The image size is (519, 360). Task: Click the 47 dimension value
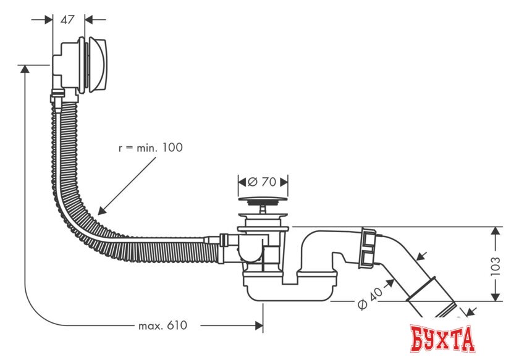(x=67, y=19)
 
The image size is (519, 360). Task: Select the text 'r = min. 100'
(x=151, y=148)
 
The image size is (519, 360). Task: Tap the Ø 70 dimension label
(x=263, y=182)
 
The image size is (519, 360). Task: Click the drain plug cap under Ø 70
(x=263, y=200)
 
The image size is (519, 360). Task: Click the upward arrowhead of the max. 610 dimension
(x=25, y=70)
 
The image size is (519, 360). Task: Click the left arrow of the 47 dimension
(x=48, y=19)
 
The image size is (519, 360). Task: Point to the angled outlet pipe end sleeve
(x=432, y=303)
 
